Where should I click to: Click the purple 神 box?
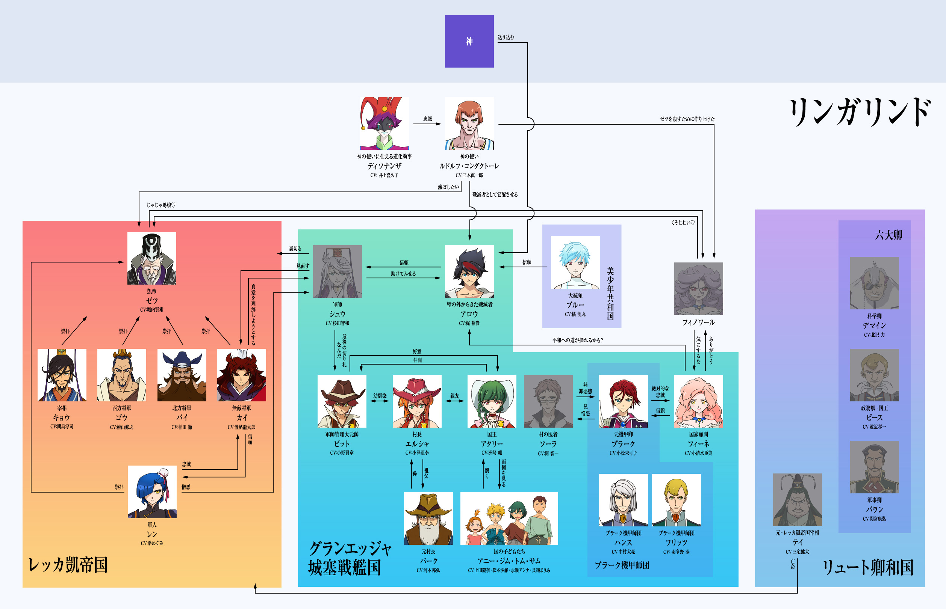[469, 41]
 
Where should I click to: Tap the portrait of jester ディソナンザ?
[384, 124]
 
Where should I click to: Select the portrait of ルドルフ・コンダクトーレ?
[469, 124]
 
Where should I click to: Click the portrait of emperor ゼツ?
[151, 258]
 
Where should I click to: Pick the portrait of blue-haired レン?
[152, 491]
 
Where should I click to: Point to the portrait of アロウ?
[469, 271]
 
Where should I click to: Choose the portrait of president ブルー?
[575, 262]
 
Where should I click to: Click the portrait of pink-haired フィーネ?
[698, 401]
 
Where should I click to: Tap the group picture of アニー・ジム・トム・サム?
[509, 519]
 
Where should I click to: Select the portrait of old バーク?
[428, 519]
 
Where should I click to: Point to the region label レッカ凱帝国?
[68, 565]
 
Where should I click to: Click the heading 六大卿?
[888, 235]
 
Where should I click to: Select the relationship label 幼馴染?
[380, 395]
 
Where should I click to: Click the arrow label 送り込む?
[506, 37]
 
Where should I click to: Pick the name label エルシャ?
[417, 444]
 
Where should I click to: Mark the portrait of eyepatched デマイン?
[874, 283]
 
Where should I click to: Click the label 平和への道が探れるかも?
[578, 340]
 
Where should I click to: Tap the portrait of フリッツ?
[676, 500]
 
